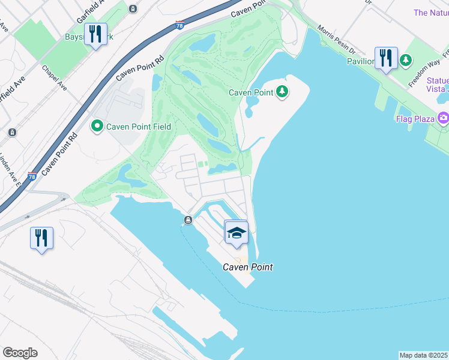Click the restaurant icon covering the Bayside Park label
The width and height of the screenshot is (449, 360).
pyautogui.click(x=95, y=35)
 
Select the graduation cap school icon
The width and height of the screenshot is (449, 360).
pyautogui.click(x=237, y=233)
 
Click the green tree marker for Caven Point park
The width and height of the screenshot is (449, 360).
pyautogui.click(x=282, y=92)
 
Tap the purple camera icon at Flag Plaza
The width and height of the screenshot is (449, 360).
pyautogui.click(x=444, y=118)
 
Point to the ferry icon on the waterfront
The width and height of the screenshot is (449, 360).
pyautogui.click(x=188, y=220)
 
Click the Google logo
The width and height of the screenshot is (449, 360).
pyautogui.click(x=20, y=353)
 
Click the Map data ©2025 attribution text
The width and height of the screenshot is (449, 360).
pyautogui.click(x=424, y=355)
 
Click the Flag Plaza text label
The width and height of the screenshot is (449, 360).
pyautogui.click(x=415, y=119)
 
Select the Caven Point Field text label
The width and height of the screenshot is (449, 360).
pyautogui.click(x=139, y=127)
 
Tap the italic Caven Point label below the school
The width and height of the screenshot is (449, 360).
pyautogui.click(x=248, y=267)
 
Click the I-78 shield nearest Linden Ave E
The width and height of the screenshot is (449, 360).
pyautogui.click(x=32, y=176)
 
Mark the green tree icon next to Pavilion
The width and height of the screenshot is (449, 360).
pyautogui.click(x=406, y=60)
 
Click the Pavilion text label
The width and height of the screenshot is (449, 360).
pyautogui.click(x=360, y=61)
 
